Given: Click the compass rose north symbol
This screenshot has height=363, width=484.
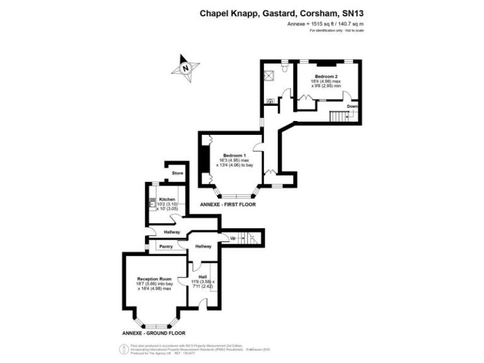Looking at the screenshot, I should pos(185,67).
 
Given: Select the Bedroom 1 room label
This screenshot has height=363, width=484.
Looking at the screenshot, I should pos(230,156).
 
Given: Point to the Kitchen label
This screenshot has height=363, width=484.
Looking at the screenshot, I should pos(167,199).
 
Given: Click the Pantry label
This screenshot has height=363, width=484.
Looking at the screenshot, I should pos(166,246).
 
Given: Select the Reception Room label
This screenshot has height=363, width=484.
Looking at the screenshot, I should pos(154,279).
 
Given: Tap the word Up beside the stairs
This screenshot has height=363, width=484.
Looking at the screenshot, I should pos(233,238).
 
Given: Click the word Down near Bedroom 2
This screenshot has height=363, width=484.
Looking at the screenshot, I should pos(352,106).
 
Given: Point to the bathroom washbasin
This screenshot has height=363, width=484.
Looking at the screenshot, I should pos(270,100).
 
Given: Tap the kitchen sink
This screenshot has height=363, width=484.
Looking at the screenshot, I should pos(153,204).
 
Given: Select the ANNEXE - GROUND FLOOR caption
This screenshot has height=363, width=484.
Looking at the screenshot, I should pos(154,332).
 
